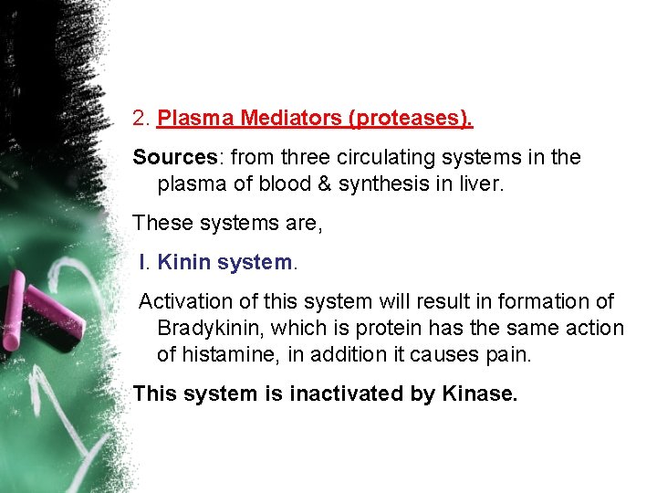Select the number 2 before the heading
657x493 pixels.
pos(139,119)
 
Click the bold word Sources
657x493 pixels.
pos(172,157)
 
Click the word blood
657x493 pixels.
pos(295,184)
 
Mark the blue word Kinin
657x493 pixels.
pos(184,263)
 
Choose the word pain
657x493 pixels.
pos(507,354)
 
